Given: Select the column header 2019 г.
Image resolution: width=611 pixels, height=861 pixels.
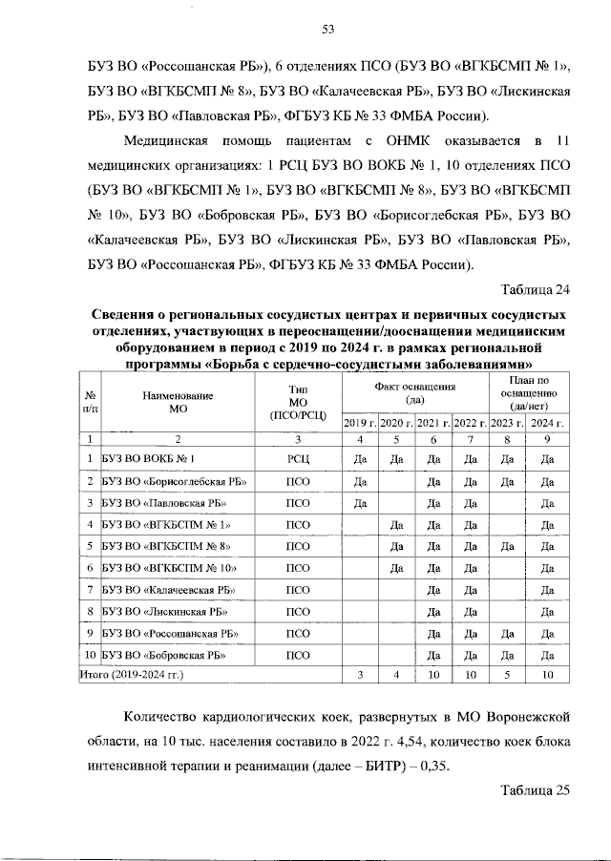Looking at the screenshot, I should pyautogui.click(x=360, y=422).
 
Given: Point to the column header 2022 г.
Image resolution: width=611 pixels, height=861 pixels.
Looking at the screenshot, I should pyautogui.click(x=470, y=422).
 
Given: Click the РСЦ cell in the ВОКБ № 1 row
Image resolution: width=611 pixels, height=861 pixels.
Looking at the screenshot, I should pyautogui.click(x=297, y=458).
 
